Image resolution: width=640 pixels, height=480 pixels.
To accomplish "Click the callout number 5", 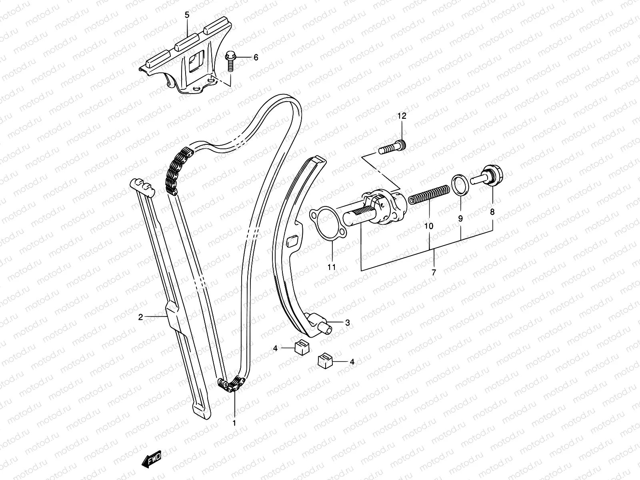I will coord(187,16).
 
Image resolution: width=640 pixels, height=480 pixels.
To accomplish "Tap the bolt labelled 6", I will coord(231,61).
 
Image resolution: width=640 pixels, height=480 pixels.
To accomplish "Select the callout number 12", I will coord(402,116).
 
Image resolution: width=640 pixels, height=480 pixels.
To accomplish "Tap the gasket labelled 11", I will coord(327,225).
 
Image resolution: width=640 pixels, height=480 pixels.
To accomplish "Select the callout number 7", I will coord(434,273).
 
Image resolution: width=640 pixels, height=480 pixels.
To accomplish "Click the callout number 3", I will coord(347,322).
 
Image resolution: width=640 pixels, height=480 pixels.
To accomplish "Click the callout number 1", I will coord(234,422).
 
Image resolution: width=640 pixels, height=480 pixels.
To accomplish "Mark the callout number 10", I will coord(429,226).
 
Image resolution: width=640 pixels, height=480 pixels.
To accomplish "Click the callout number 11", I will coord(331,267).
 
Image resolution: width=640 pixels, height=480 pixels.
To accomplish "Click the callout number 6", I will coord(256,58).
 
